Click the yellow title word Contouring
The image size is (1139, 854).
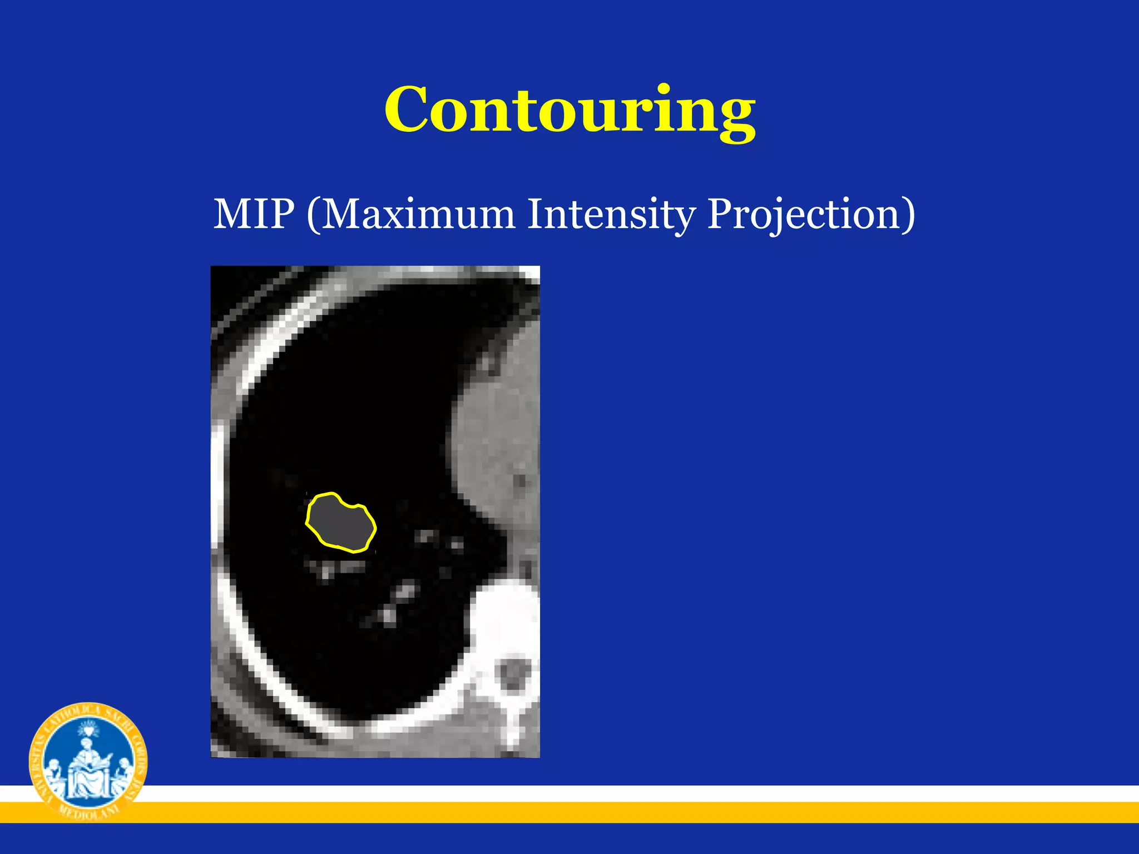click(x=569, y=110)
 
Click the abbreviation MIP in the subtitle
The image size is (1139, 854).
click(x=254, y=213)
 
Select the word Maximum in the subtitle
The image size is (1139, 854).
click(x=418, y=213)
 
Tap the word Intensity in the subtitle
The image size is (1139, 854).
click(x=611, y=213)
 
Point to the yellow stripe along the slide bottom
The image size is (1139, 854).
click(x=612, y=812)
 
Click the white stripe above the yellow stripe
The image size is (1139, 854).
click(x=612, y=793)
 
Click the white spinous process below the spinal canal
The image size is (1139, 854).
click(x=512, y=723)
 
